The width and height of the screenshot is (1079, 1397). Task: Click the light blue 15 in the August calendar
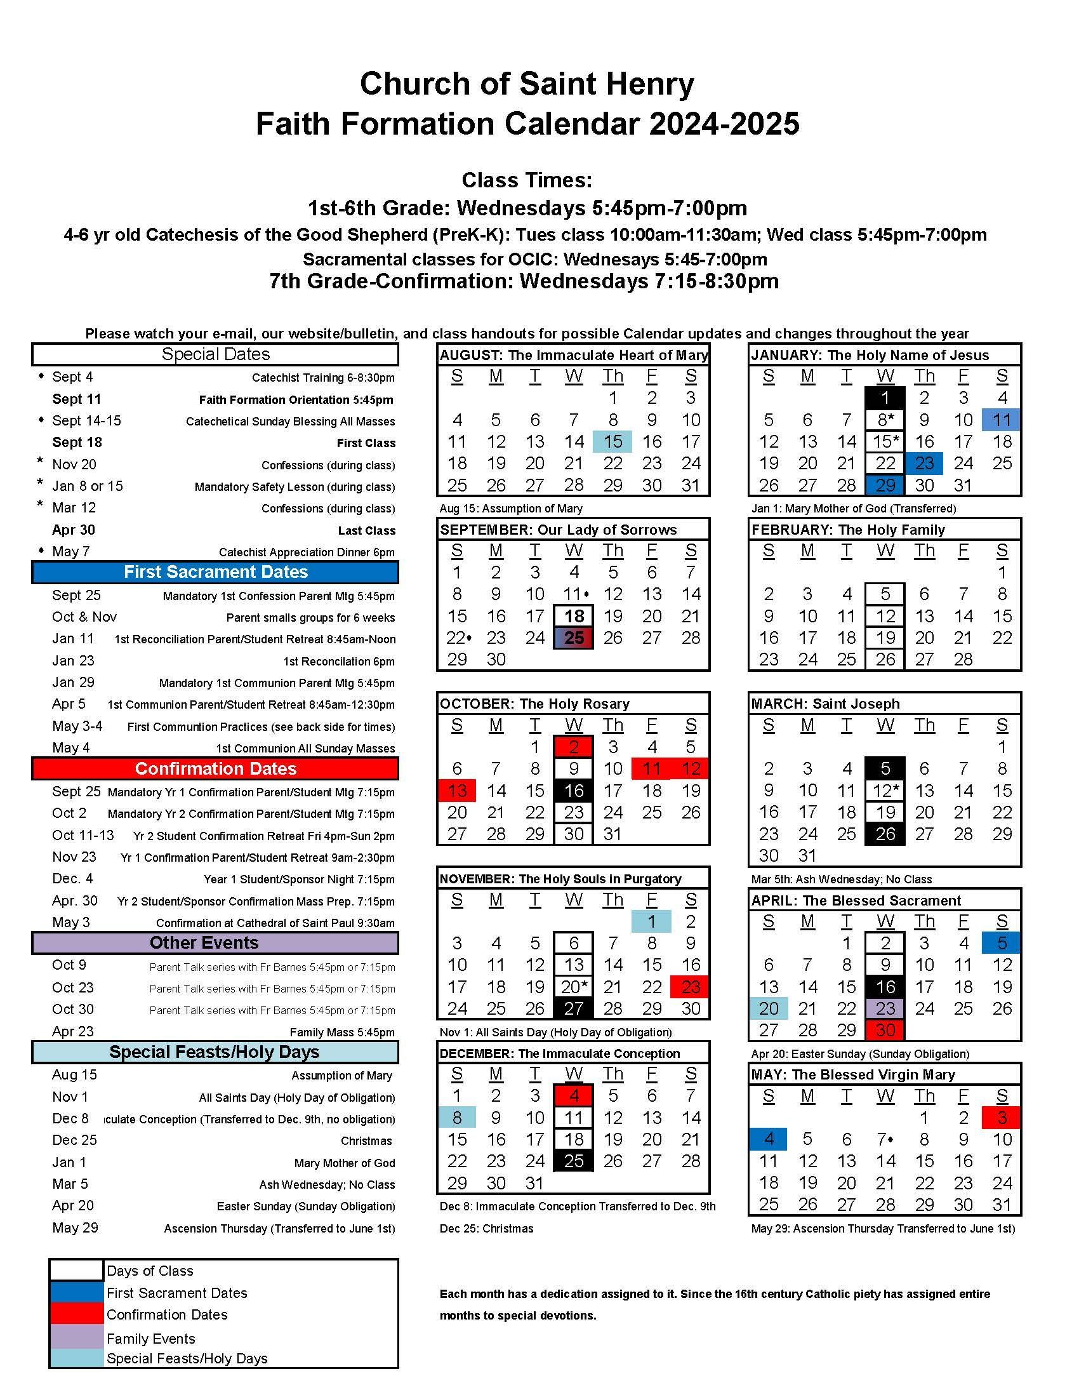tap(612, 441)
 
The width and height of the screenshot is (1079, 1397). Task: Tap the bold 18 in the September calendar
tap(574, 616)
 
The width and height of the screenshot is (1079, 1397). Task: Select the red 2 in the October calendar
tap(574, 747)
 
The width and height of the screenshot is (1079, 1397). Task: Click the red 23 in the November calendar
tap(691, 987)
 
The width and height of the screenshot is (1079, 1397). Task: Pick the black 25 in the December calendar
tap(574, 1161)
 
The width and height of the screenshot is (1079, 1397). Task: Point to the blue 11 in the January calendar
tap(1002, 420)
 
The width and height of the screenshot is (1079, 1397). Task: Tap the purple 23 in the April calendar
tap(885, 1009)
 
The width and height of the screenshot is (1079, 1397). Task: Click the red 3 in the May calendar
tap(1002, 1118)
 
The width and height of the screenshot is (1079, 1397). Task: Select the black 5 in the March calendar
tap(885, 768)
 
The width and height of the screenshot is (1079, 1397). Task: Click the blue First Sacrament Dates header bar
tap(215, 572)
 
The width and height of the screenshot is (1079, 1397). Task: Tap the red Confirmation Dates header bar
tap(215, 768)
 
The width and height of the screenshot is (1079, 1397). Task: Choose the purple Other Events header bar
tap(215, 943)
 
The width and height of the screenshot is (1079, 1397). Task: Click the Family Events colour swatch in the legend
tap(76, 1337)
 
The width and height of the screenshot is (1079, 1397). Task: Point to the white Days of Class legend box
tap(76, 1271)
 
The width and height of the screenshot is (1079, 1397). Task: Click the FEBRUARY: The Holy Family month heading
tap(847, 530)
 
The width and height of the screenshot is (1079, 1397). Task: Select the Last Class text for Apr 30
tap(366, 531)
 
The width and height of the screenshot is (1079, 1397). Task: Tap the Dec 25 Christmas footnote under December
tap(486, 1229)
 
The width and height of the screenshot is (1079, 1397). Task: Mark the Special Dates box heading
tap(215, 354)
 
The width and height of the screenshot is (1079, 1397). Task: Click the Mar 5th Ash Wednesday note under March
tap(841, 879)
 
